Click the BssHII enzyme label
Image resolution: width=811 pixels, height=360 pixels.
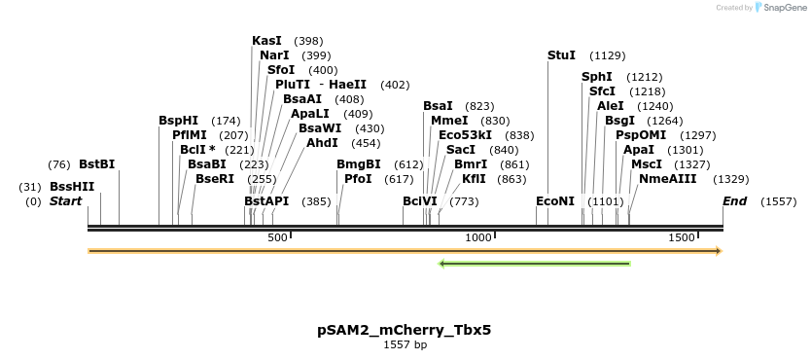click(x=72, y=186)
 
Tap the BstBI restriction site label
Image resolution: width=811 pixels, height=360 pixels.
click(x=96, y=164)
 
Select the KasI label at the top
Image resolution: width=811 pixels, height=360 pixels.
click(x=266, y=41)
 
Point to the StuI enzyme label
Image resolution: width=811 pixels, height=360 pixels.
click(x=561, y=55)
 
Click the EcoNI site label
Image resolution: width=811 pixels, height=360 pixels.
click(x=555, y=201)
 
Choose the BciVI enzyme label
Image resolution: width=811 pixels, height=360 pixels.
click(x=420, y=201)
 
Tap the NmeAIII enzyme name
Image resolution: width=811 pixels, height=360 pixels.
click(x=667, y=179)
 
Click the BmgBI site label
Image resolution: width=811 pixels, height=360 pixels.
click(x=358, y=164)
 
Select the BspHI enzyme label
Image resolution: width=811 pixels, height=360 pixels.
click(x=178, y=121)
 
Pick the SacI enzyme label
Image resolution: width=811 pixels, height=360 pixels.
click(x=460, y=150)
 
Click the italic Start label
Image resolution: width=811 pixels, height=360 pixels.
click(x=66, y=201)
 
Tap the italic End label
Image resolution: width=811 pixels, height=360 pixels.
click(x=734, y=201)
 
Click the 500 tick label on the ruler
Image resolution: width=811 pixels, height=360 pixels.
click(x=277, y=237)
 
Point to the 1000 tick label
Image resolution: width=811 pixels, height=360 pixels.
click(x=479, y=237)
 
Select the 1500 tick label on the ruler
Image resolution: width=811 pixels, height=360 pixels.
click(x=682, y=237)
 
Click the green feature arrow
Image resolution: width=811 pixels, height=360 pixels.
click(x=535, y=263)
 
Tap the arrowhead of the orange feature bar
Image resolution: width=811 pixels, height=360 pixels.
click(x=719, y=251)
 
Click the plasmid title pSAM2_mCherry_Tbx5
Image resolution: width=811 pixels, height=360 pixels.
click(x=405, y=330)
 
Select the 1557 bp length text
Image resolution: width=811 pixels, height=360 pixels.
click(x=405, y=344)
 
